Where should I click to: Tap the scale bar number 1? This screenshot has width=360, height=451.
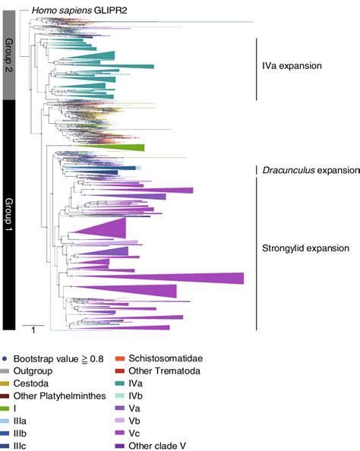point(33,330)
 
